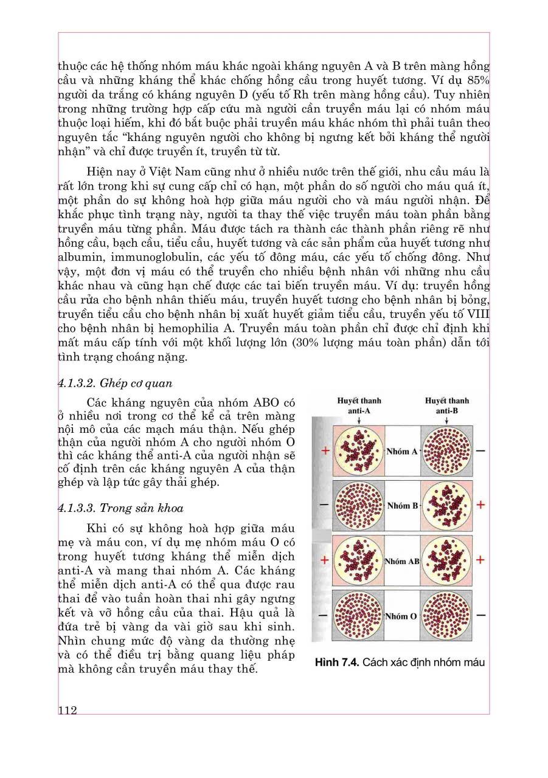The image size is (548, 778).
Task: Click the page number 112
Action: [x=68, y=711]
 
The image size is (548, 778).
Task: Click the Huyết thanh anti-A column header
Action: [x=359, y=405]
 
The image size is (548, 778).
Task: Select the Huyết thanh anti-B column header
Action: [x=446, y=405]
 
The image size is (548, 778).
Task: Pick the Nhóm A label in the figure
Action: [x=402, y=452]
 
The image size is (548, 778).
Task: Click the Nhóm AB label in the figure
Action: [x=402, y=560]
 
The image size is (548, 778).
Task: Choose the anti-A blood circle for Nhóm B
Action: [x=359, y=506]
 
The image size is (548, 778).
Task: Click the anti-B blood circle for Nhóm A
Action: [x=446, y=452]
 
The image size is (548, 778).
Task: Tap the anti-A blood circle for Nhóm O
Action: [x=359, y=615]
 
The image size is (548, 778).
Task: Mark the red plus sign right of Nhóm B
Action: [x=480, y=505]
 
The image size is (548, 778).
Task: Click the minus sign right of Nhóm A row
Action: [x=480, y=451]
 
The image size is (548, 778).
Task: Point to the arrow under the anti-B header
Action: [x=446, y=419]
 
